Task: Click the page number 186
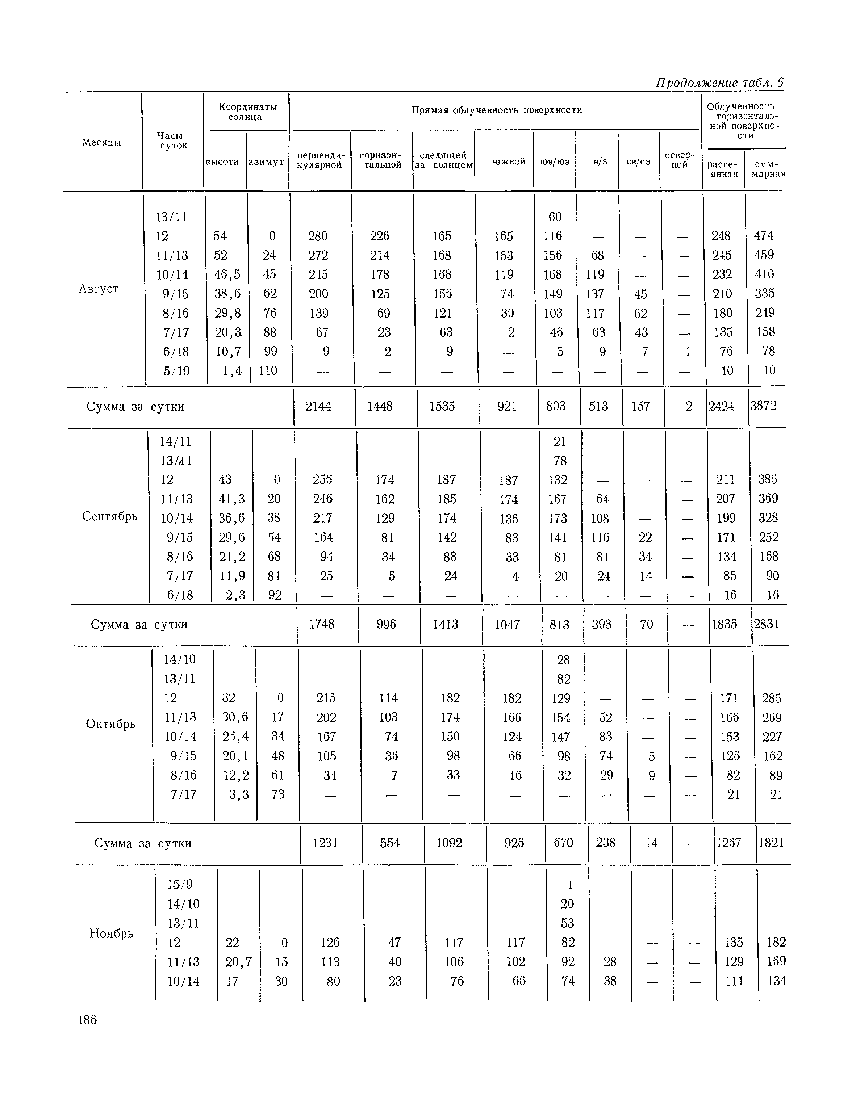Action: (87, 1020)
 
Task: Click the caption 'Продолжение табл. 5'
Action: (719, 83)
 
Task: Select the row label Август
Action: (98, 289)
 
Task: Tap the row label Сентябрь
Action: (110, 516)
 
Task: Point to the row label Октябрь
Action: (110, 723)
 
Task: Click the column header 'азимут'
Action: (267, 162)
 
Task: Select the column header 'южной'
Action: (509, 162)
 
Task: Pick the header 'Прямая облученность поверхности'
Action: (497, 110)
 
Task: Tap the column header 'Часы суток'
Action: (173, 140)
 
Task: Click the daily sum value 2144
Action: (318, 406)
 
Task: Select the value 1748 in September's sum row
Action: (322, 624)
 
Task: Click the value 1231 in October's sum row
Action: (325, 843)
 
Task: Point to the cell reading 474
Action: (764, 236)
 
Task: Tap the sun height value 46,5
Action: (227, 274)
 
